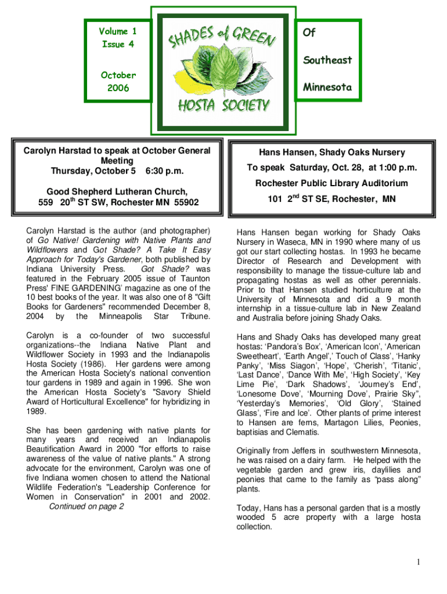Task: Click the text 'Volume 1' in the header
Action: [x=117, y=31]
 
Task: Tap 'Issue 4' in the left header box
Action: [x=117, y=45]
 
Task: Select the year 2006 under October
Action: [x=118, y=88]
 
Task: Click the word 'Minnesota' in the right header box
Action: [x=327, y=87]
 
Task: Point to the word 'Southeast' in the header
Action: [x=327, y=60]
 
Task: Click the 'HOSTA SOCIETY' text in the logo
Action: [x=223, y=106]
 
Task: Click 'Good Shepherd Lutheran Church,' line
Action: [x=117, y=191]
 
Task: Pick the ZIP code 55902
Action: [x=182, y=202]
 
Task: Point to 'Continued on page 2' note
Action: [x=86, y=506]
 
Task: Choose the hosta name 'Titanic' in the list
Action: [x=405, y=365]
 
